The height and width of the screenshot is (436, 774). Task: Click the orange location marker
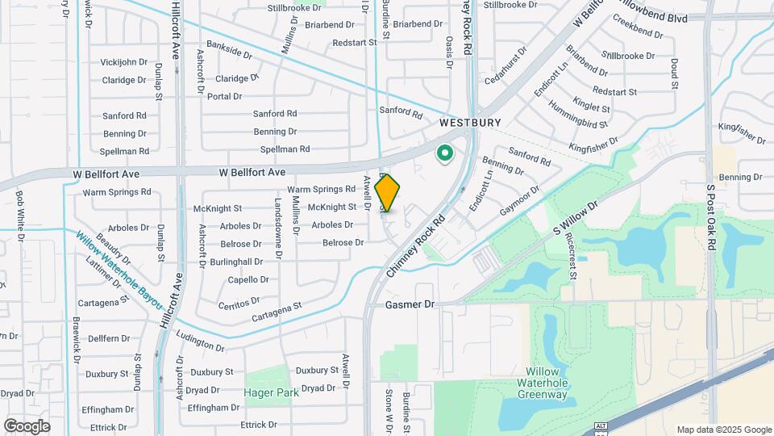coord(387,192)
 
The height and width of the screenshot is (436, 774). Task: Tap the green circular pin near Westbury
coord(444,153)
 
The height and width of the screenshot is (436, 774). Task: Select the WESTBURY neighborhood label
coord(465,124)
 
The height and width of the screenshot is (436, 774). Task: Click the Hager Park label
coord(272,392)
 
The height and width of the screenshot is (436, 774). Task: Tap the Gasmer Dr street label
coord(410,304)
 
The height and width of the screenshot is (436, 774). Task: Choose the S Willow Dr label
coord(576,219)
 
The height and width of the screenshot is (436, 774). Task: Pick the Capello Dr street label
coord(248,279)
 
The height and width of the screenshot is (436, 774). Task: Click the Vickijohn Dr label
coord(124,62)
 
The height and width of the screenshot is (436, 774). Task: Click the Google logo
coord(27,426)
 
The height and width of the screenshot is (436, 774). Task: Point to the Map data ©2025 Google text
coord(723,430)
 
